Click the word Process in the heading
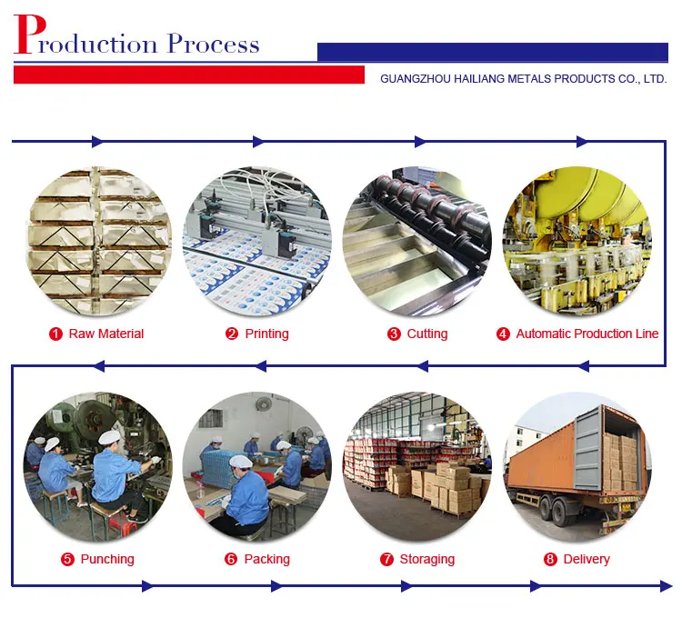click(213, 44)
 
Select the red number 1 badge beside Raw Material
click(55, 334)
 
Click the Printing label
click(266, 334)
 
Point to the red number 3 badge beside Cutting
click(394, 334)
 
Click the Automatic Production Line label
click(587, 334)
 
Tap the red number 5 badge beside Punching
click(67, 559)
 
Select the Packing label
click(266, 559)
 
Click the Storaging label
click(427, 559)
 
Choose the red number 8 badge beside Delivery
click(550, 559)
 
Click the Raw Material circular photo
click(99, 240)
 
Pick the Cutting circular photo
click(417, 240)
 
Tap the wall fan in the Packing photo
click(264, 404)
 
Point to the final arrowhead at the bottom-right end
click(666, 586)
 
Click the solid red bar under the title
click(189, 75)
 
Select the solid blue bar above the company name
click(493, 52)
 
